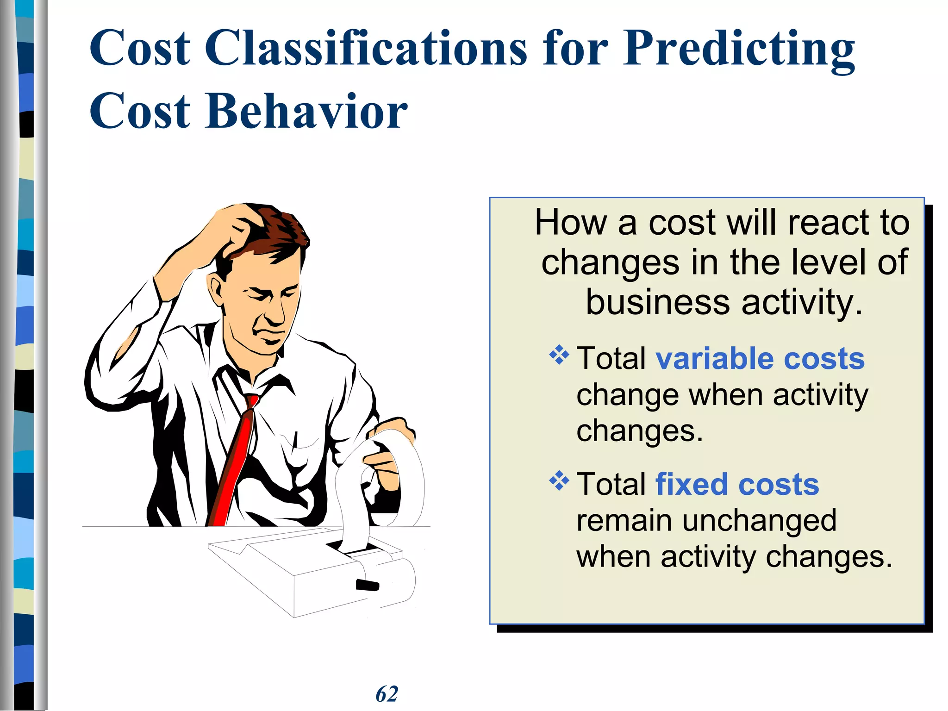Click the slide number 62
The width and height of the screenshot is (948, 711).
[x=387, y=694]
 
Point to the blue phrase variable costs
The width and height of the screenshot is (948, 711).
[x=760, y=359]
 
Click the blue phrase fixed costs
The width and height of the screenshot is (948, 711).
[x=737, y=485]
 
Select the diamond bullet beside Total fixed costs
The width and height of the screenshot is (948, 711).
[x=559, y=481]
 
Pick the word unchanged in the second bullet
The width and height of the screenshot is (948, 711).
[x=759, y=521]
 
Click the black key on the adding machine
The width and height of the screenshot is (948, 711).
[x=367, y=585]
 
